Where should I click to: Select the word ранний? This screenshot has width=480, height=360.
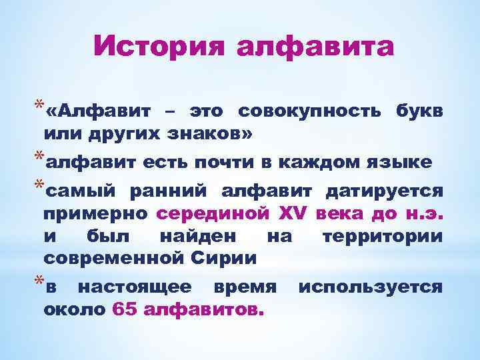click(x=170, y=192)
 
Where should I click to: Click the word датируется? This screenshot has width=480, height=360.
click(x=383, y=192)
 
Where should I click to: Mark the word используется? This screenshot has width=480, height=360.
click(x=370, y=287)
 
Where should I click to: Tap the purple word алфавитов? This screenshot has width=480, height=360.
click(x=204, y=309)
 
